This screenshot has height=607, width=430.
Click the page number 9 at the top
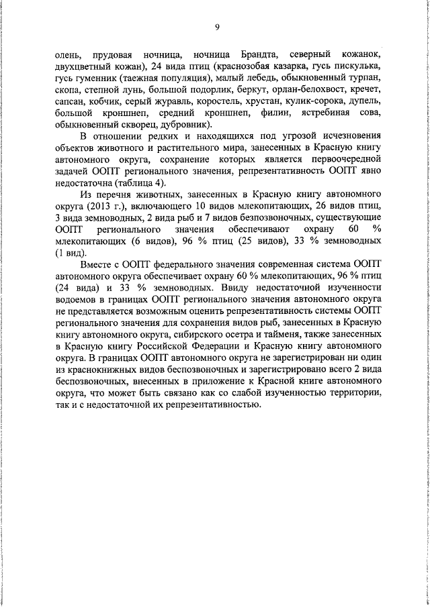point(217,27)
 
